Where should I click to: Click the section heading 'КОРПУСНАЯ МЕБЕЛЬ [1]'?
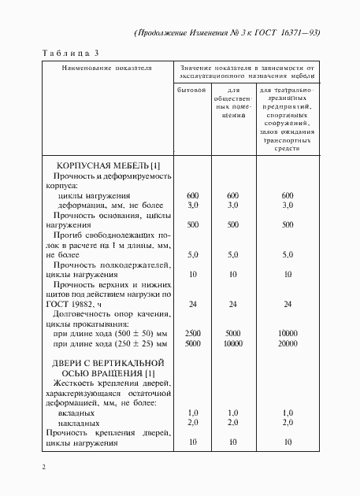click(109, 165)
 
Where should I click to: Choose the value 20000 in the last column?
click(287, 343)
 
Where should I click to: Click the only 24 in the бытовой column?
click(192, 303)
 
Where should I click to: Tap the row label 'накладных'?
click(79, 422)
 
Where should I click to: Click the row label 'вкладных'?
click(77, 413)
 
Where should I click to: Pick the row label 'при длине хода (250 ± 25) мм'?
click(108, 343)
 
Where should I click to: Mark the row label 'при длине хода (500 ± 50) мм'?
click(108, 334)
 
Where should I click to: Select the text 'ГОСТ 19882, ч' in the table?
click(80, 303)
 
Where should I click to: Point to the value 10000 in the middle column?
click(232, 343)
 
